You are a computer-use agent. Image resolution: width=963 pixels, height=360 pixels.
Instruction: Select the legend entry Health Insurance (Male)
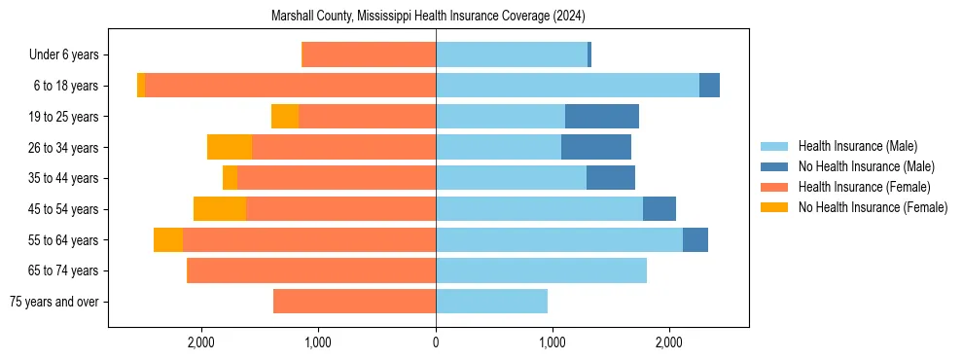tap(857, 146)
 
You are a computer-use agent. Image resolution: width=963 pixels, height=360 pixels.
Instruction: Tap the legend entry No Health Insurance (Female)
tap(873, 207)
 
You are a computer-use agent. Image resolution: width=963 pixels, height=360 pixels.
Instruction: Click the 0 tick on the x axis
tap(436, 342)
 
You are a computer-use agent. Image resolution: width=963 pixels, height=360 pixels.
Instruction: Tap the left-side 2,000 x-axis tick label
tap(201, 342)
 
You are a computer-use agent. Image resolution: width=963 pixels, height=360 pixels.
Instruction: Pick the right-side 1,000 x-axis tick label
tap(553, 342)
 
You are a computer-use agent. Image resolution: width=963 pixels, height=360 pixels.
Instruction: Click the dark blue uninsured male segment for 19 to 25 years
tap(602, 117)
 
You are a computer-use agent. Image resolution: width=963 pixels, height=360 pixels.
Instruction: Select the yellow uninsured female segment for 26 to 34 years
tap(230, 148)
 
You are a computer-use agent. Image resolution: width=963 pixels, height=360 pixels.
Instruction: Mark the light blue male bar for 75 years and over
tap(491, 302)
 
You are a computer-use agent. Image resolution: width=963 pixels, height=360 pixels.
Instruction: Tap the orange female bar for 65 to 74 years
tap(311, 270)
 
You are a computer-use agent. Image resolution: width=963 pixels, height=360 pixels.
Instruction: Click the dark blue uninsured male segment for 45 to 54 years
tap(660, 209)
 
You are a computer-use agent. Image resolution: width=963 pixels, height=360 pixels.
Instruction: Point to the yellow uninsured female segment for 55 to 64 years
tap(168, 240)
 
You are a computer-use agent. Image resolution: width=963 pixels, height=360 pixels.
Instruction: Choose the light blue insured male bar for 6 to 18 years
tap(567, 86)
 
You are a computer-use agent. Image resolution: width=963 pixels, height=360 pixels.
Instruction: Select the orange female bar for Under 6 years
tap(369, 55)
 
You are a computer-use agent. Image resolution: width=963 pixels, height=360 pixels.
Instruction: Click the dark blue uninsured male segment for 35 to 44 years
tap(611, 178)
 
